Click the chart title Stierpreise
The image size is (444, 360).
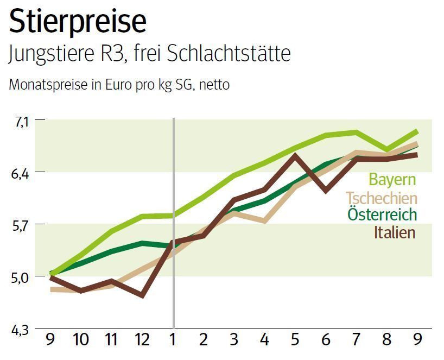point(78,22)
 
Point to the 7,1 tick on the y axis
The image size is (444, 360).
point(22,122)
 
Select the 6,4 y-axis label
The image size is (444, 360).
point(22,173)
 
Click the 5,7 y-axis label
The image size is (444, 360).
point(22,225)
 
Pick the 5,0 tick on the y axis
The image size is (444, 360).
point(22,277)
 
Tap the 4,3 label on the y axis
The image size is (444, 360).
point(22,329)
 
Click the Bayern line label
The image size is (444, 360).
point(392,180)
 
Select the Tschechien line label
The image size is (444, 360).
point(382,198)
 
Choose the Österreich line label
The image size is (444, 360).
point(382,214)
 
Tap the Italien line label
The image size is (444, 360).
point(394,232)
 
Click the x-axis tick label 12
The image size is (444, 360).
point(142,340)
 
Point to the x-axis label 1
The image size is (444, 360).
point(174,340)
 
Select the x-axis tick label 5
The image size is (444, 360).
point(295,340)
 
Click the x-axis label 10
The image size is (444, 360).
point(81,340)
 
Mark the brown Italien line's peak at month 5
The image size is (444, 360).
point(295,155)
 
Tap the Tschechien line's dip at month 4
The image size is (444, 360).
point(264,221)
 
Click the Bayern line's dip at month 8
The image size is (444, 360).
point(386,149)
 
